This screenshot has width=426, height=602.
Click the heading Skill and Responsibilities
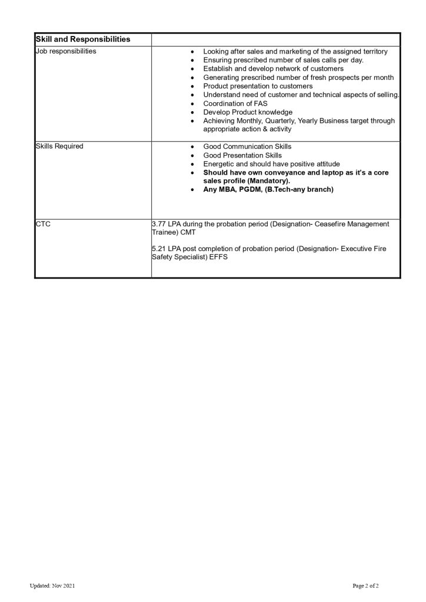coord(82,39)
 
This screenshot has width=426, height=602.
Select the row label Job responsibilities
coord(66,51)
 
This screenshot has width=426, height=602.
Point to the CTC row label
coord(43,224)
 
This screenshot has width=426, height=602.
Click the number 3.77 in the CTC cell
coord(159,224)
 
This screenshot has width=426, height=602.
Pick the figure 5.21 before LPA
coord(159,249)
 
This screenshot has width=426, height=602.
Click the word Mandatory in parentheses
coord(272,181)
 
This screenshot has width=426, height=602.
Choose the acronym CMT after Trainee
coord(189,232)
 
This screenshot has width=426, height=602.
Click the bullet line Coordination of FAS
coord(235,103)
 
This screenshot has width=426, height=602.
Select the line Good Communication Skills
coord(247,146)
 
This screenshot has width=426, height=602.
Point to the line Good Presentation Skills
coord(242,155)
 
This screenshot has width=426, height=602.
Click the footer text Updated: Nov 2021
coord(52,586)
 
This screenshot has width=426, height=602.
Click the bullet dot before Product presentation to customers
coord(193,86)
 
